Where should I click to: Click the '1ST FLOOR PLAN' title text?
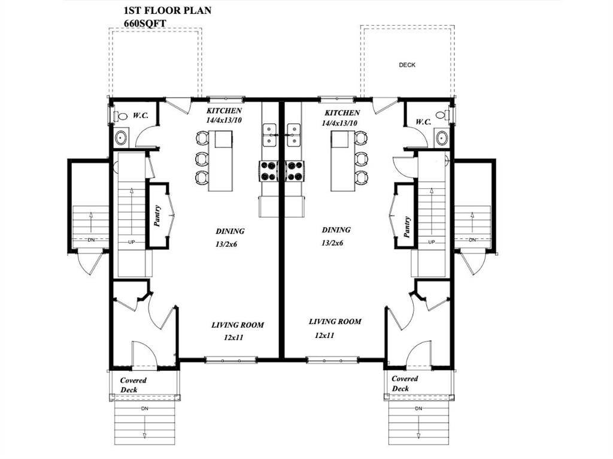(167, 11)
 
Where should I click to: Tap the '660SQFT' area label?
(144, 23)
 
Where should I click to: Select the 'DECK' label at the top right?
(407, 65)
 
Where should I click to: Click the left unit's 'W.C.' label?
(141, 115)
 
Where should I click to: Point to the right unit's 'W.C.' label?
(423, 122)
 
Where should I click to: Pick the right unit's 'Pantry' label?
(407, 227)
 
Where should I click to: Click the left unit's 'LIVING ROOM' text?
(238, 325)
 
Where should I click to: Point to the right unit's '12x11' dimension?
(324, 336)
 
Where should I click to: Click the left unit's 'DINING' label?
(230, 231)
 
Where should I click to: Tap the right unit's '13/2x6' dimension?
(332, 243)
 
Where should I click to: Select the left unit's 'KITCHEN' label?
(224, 111)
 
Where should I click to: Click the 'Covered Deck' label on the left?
(133, 385)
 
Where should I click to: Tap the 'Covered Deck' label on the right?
(405, 383)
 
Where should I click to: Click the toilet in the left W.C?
(122, 117)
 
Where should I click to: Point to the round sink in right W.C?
(442, 137)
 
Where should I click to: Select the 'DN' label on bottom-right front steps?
(418, 408)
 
